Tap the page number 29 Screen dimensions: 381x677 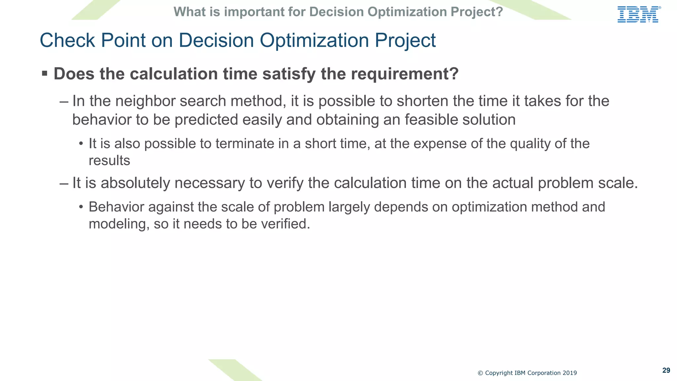pos(666,370)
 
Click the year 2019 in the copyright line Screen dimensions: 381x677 pos(570,373)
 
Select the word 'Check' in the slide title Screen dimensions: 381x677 pos(67,40)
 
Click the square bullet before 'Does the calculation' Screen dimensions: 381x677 pos(45,73)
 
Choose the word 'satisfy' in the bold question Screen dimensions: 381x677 pos(289,74)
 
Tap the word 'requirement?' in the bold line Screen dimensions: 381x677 pos(405,74)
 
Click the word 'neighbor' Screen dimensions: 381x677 pos(145,101)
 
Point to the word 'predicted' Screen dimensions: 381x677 pos(206,120)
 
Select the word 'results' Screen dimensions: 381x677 pos(109,161)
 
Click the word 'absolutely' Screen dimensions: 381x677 pos(135,183)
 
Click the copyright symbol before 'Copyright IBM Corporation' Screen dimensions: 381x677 pos(480,373)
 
